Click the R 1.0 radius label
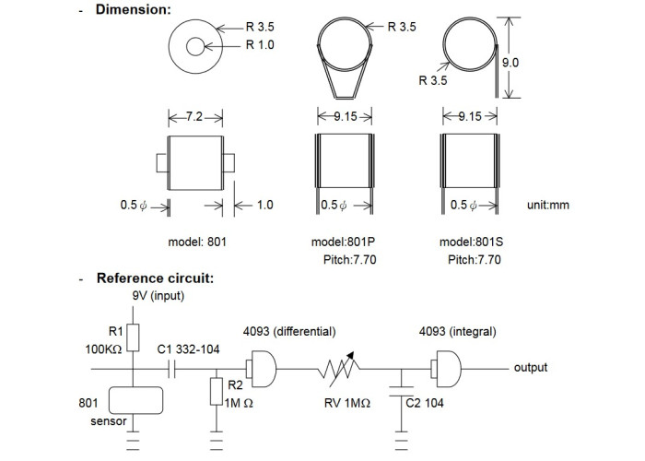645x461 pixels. point(260,44)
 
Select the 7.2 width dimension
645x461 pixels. point(194,117)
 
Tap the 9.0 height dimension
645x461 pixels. point(510,63)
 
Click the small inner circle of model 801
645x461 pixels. point(195,46)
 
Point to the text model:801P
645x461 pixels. point(343,242)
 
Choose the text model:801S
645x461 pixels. point(471,242)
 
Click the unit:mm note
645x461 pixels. point(548,205)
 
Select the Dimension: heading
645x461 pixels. point(133,9)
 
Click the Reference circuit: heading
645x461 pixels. point(155,278)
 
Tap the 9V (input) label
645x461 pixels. point(158,296)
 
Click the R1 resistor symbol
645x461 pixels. point(133,337)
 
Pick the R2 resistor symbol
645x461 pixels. point(217,392)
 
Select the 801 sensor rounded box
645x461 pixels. point(135,400)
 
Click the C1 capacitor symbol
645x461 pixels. point(172,369)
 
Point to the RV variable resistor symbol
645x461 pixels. point(338,369)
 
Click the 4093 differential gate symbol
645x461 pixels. point(261,369)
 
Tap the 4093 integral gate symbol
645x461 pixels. point(446,369)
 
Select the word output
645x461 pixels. point(531,368)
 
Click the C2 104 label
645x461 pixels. point(425,403)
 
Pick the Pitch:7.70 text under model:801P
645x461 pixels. point(349,260)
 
